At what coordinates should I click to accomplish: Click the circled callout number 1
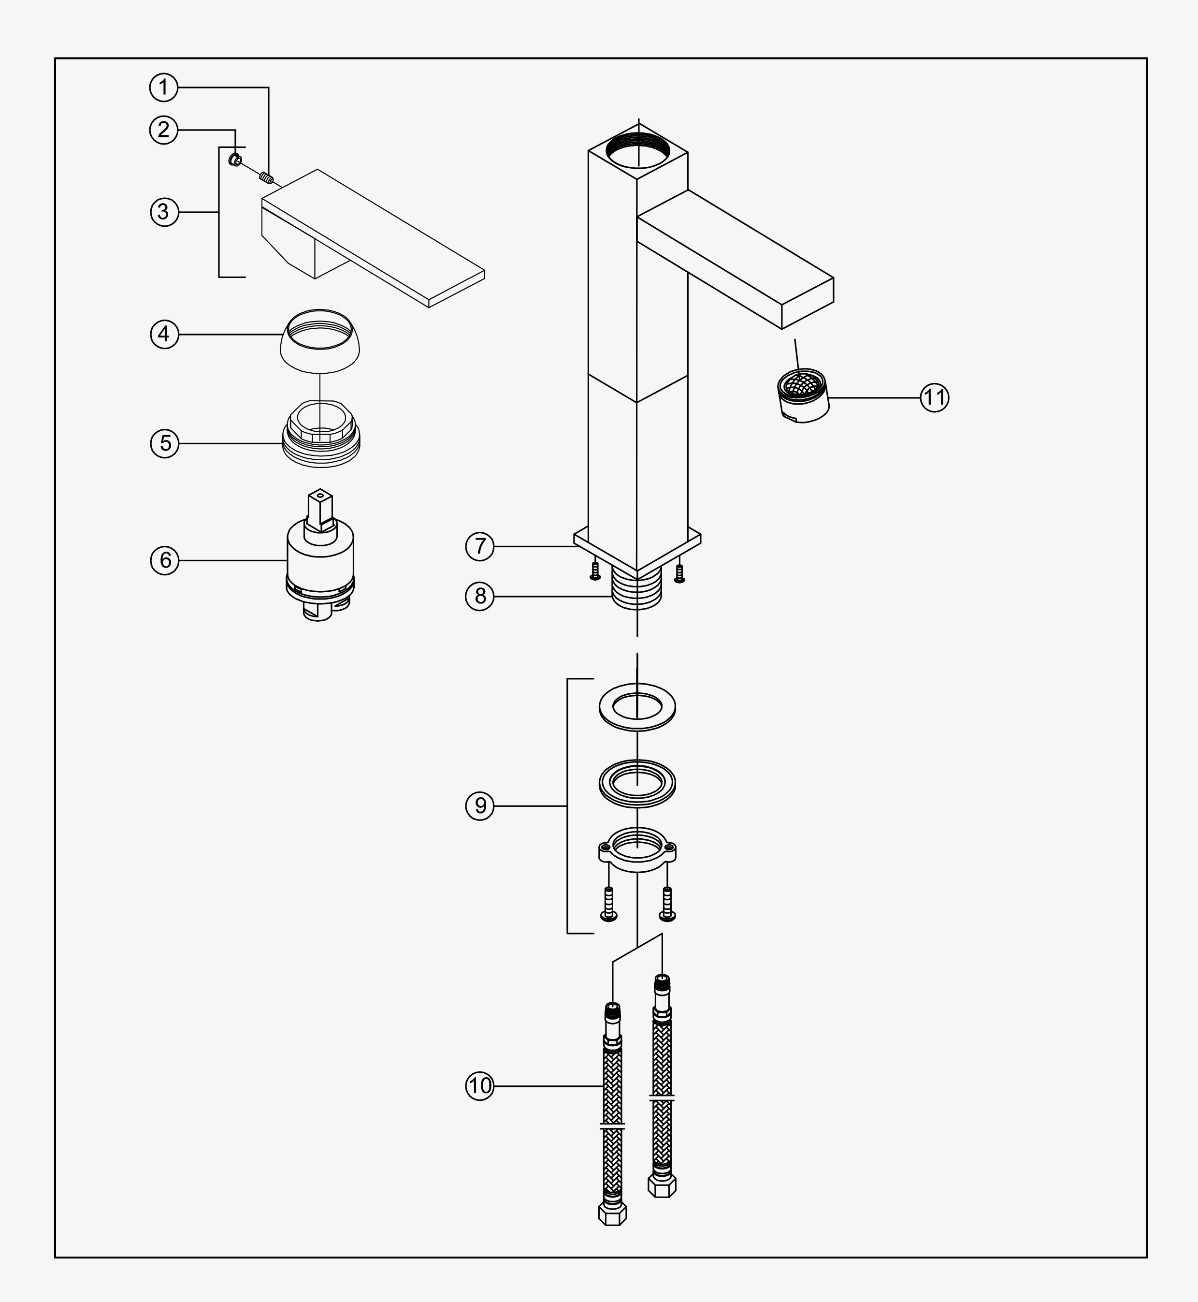pos(164,87)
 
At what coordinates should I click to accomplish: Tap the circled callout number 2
pos(164,130)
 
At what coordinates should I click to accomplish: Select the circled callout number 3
pos(164,211)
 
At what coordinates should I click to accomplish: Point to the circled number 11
pos(934,397)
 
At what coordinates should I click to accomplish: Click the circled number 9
pos(480,805)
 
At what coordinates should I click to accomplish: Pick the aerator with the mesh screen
pos(803,395)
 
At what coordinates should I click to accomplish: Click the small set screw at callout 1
pos(266,176)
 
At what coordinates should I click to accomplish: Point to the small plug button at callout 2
pos(236,159)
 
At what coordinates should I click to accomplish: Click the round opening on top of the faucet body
pos(638,149)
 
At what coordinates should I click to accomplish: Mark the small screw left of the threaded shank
pos(595,571)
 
